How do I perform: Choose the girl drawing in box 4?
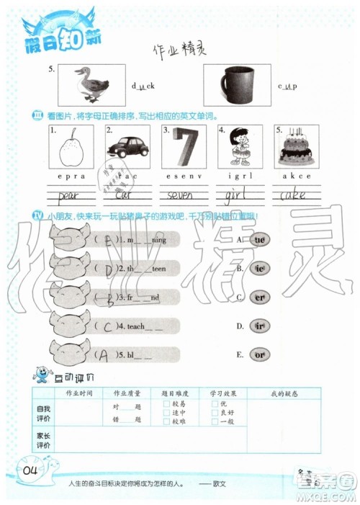coord(240,148)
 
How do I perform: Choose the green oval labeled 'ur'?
coord(260,238)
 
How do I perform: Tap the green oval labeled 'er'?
coord(260,296)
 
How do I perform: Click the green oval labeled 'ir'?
coord(260,326)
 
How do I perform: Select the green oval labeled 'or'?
coord(260,354)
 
